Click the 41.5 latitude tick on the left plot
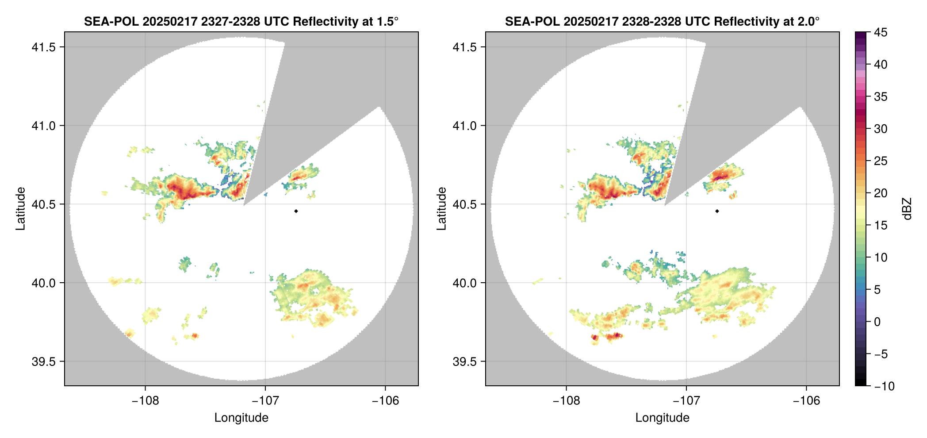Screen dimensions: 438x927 pos(43,47)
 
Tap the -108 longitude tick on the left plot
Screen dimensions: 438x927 pos(145,401)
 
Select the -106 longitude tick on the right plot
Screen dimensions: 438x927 pos(806,401)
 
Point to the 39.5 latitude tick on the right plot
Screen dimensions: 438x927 pos(464,361)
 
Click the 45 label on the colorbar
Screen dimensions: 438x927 pos(880,33)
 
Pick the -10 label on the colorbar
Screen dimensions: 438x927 pos(884,386)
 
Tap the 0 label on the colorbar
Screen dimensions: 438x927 pos(877,322)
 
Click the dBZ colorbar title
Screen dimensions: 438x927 pos(908,209)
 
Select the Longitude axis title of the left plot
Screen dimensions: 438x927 pos(241,418)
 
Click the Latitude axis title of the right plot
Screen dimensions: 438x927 pos(441,208)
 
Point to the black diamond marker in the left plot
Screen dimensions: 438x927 pos(296,211)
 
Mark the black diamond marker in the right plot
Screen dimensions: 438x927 pos(717,211)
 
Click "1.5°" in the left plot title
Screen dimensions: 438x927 pos(387,21)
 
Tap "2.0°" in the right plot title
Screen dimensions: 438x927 pos(808,21)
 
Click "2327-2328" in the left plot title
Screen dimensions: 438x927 pos(230,21)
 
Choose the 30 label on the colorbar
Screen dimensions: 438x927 pos(880,129)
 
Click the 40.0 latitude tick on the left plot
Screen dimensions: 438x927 pos(43,283)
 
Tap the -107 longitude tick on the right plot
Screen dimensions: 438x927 pos(686,401)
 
